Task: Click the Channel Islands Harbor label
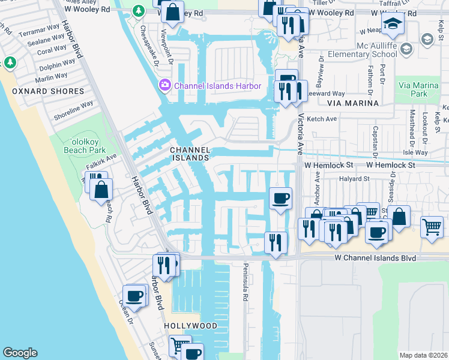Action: click(217, 86)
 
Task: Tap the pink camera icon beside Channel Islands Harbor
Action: click(164, 86)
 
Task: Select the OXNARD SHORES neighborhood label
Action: click(48, 91)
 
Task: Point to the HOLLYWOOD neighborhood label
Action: click(190, 326)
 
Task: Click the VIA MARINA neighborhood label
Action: click(357, 103)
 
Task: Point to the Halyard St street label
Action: click(353, 178)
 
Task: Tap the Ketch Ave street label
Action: click(322, 119)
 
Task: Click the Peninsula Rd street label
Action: click(246, 280)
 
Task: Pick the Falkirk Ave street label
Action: click(103, 160)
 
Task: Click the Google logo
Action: click(20, 353)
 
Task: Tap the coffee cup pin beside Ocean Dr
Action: click(135, 295)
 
